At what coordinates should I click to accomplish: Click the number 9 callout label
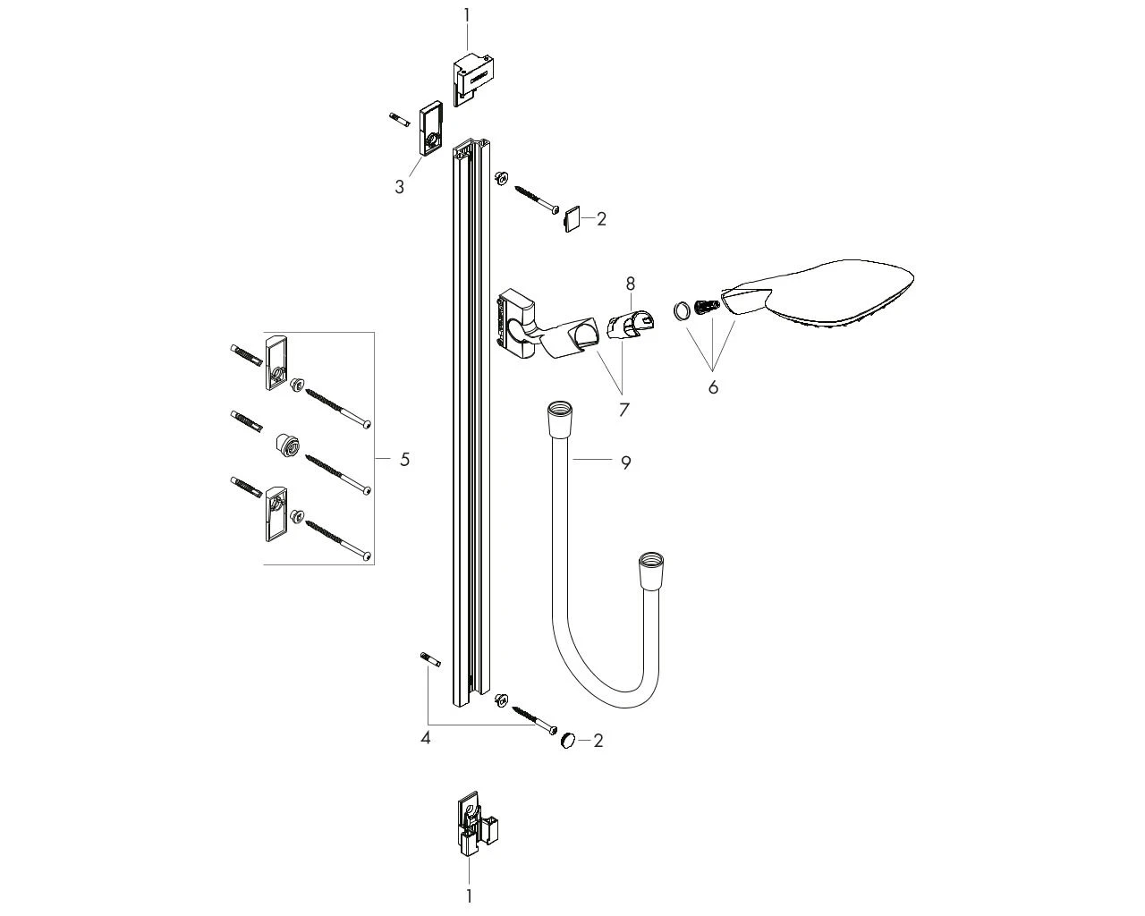[x=625, y=462]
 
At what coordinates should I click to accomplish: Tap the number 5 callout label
[x=405, y=459]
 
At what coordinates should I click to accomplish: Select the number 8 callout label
[x=631, y=284]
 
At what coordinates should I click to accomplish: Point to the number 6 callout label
[x=713, y=387]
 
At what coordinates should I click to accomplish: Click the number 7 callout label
[x=624, y=410]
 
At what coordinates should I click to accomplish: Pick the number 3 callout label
[x=399, y=187]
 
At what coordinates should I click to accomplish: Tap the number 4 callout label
[x=425, y=738]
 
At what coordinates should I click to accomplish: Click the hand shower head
[x=817, y=293]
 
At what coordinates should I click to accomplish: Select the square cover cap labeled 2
[x=572, y=219]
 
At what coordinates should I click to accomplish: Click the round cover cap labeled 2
[x=568, y=740]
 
